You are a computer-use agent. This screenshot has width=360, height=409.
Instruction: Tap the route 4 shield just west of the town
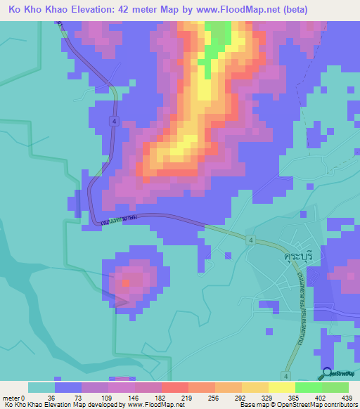coord(250,240)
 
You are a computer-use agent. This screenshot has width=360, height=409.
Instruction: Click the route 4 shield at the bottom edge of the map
coord(286,375)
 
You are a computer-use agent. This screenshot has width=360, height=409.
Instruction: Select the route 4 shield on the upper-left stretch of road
coord(113,122)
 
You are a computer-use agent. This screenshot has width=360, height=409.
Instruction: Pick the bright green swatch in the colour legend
coord(308,387)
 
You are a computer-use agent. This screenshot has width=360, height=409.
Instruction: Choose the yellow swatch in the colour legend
coord(281,387)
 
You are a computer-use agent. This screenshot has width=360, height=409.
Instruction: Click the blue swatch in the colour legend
coord(67,387)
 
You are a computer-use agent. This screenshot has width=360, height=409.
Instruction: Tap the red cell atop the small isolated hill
coord(125,283)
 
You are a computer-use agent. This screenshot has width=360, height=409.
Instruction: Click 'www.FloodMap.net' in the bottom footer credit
coord(150,405)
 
